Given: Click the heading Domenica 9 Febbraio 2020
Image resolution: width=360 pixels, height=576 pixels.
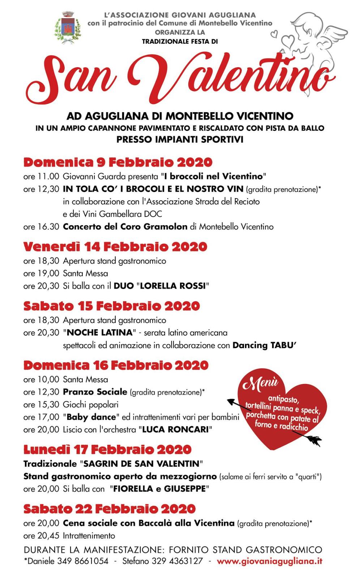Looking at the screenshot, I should click(118, 162).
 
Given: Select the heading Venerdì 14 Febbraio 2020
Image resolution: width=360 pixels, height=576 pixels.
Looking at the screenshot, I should click(115, 247).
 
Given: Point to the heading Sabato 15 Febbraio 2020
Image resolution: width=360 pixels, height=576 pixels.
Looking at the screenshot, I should click(112, 306).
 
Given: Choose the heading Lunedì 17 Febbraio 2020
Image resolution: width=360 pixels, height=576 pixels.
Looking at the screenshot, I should click(107, 450).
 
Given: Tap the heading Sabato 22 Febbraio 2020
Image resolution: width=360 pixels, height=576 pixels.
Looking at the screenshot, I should click(110, 509).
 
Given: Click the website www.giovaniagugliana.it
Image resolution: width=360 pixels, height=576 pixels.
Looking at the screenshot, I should click(269, 562).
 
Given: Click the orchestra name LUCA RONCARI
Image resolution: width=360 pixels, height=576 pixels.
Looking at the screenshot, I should click(175, 430).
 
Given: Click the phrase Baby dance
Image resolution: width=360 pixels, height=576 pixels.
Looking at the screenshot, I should click(91, 417).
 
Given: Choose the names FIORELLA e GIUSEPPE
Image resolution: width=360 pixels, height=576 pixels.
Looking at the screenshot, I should click(159, 489).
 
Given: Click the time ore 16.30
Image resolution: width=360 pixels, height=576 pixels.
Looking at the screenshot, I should click(41, 227).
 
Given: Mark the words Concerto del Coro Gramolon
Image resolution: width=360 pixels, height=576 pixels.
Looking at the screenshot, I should click(125, 227).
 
